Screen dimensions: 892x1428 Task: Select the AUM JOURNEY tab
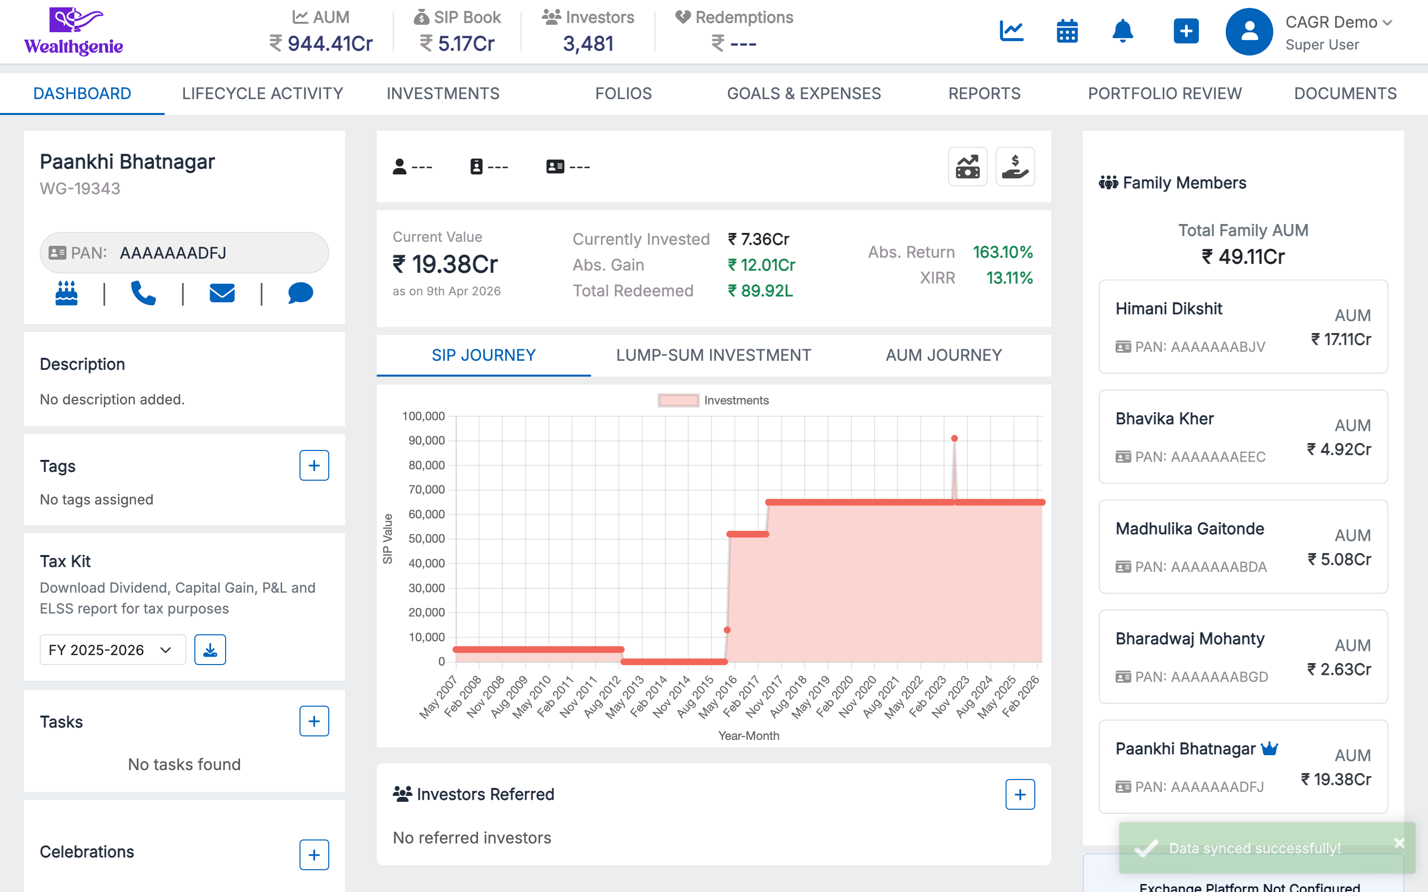(x=943, y=355)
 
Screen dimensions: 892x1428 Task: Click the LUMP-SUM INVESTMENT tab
(x=713, y=355)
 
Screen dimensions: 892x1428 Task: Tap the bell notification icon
(x=1123, y=31)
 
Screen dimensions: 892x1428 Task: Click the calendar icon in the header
(x=1067, y=31)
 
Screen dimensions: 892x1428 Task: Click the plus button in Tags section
(x=314, y=465)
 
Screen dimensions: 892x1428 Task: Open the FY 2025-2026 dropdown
(x=112, y=650)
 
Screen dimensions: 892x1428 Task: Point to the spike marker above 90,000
(x=954, y=439)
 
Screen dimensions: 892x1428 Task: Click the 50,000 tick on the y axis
(x=426, y=539)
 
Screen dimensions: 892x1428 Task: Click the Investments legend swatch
(x=678, y=400)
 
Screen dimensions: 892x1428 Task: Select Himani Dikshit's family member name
(x=1168, y=309)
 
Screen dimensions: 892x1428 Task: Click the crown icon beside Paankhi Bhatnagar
(x=1269, y=749)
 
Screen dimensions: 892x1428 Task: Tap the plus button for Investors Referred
(x=1019, y=795)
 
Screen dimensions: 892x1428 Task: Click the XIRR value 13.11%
(x=1009, y=278)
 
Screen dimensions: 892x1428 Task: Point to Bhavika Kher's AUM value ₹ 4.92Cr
(x=1338, y=449)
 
